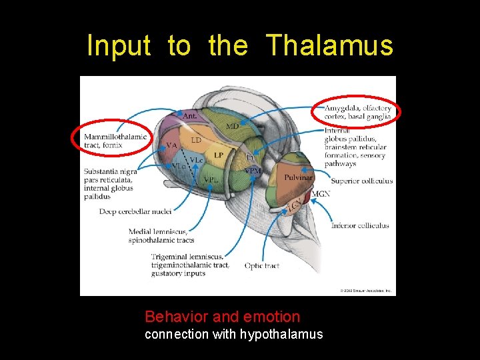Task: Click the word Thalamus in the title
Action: (330, 46)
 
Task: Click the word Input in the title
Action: (119, 46)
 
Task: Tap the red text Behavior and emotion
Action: (222, 317)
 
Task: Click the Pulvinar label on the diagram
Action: (298, 177)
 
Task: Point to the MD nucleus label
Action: (232, 126)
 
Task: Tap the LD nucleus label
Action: (196, 140)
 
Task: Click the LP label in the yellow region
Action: (218, 155)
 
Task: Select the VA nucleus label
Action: (171, 145)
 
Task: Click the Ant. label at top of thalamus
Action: (189, 115)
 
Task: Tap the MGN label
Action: (321, 194)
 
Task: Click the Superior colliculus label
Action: (361, 181)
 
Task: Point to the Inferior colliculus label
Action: (360, 225)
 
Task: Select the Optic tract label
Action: (261, 265)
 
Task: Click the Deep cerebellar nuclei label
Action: (135, 211)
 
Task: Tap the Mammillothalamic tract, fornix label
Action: (115, 141)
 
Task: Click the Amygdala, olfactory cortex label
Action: (357, 113)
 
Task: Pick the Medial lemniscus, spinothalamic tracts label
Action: (161, 236)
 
